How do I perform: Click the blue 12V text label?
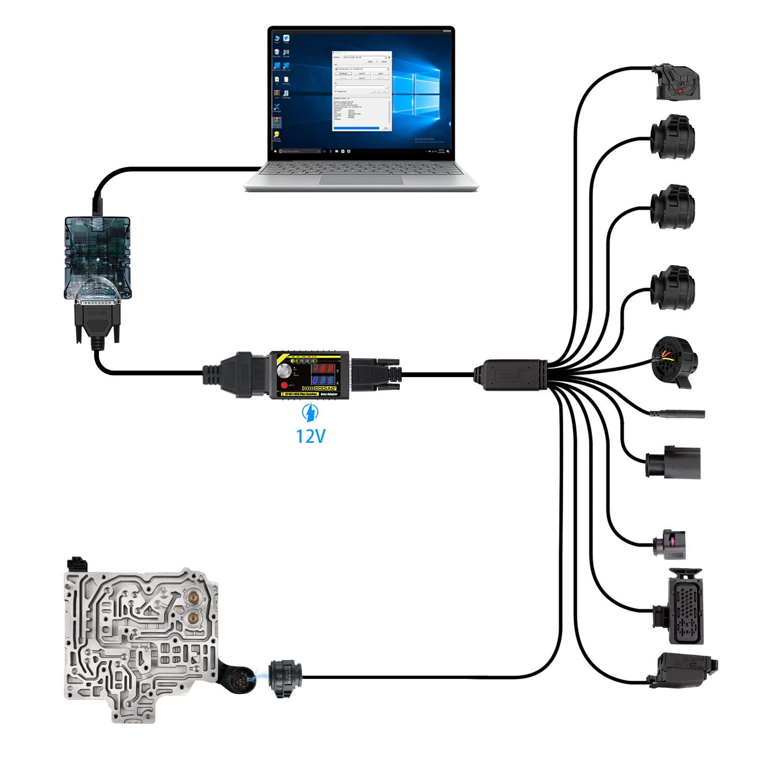[x=310, y=436]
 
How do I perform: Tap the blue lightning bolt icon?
[x=310, y=413]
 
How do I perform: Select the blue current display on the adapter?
[x=323, y=380]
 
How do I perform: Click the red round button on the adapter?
[x=284, y=386]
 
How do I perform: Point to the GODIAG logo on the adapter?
[x=325, y=388]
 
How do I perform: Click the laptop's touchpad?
[x=361, y=180]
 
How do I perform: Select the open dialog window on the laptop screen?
[x=362, y=91]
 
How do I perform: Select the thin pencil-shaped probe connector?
[x=678, y=414]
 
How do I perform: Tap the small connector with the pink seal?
[x=670, y=544]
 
